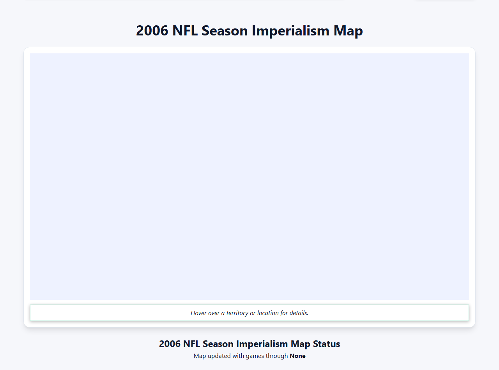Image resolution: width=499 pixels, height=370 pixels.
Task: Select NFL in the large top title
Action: pos(185,31)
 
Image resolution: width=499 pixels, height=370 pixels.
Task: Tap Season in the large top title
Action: pos(226,31)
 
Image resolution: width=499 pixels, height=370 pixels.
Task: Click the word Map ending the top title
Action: pos(348,31)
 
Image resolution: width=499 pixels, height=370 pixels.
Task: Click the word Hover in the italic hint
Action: pos(198,313)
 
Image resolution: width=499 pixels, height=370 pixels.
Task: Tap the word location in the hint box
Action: pos(268,313)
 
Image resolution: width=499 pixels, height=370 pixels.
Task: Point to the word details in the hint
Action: pos(299,313)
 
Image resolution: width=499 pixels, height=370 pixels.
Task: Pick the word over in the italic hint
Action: pos(214,313)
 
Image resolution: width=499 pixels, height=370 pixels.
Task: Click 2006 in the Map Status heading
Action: pos(170,344)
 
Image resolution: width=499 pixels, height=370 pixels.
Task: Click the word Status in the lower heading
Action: pos(326,344)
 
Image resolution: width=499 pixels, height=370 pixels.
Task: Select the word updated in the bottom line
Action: pos(218,356)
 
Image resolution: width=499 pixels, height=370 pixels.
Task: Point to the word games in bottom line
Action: pos(254,356)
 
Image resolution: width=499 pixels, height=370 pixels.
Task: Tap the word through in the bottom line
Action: pos(276,356)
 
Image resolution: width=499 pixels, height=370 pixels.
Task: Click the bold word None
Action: pos(297,356)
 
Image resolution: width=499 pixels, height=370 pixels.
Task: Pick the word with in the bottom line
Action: pos(238,356)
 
